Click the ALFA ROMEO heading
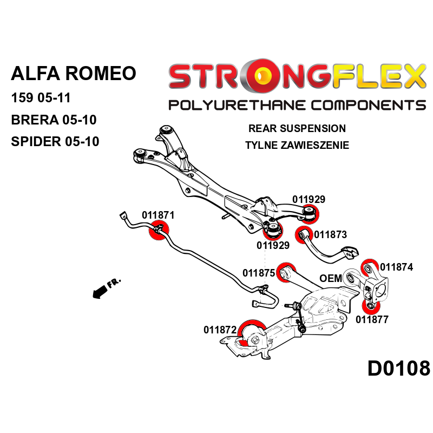point(74,73)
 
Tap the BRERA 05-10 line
point(54,120)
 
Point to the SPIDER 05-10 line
point(55,142)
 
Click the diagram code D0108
point(398,369)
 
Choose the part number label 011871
point(158,215)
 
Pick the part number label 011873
point(330,235)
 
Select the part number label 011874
point(396,267)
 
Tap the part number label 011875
point(259,273)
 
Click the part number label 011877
point(372,319)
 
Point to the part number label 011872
point(220,329)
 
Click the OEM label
point(331,278)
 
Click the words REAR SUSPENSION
point(297,129)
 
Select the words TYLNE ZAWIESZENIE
point(297,145)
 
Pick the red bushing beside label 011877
point(370,307)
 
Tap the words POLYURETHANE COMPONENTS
point(297,104)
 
